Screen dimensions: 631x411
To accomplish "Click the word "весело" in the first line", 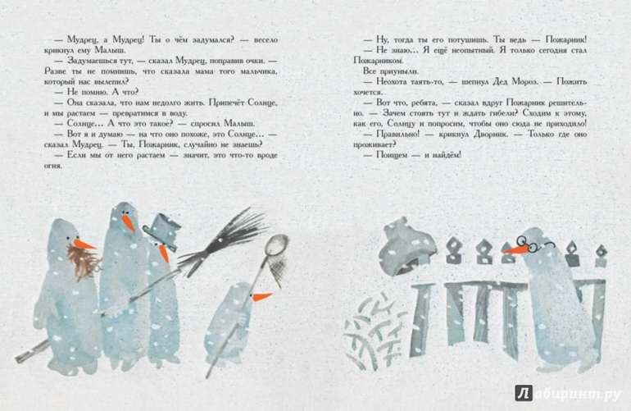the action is tap(264, 39).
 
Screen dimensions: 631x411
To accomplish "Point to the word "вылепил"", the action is tap(107, 82).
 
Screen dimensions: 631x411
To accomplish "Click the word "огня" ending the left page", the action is tap(52, 166).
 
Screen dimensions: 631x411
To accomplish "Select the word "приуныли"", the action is tap(401, 71).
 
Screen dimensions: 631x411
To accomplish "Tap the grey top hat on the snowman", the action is tap(161, 231).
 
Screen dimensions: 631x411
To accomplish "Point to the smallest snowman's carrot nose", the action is tap(261, 297).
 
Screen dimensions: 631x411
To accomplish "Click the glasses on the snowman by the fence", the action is tap(534, 244).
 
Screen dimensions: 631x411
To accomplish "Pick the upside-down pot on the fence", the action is tap(406, 246).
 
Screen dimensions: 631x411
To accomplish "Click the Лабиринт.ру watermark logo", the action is tap(567, 394).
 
